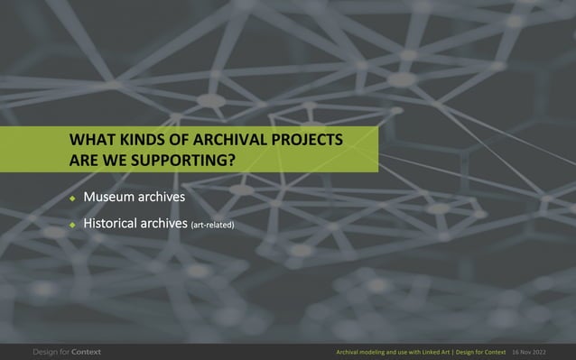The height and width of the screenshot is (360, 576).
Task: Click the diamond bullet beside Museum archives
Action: pos(73,197)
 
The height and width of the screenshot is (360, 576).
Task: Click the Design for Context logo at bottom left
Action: pos(68,350)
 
